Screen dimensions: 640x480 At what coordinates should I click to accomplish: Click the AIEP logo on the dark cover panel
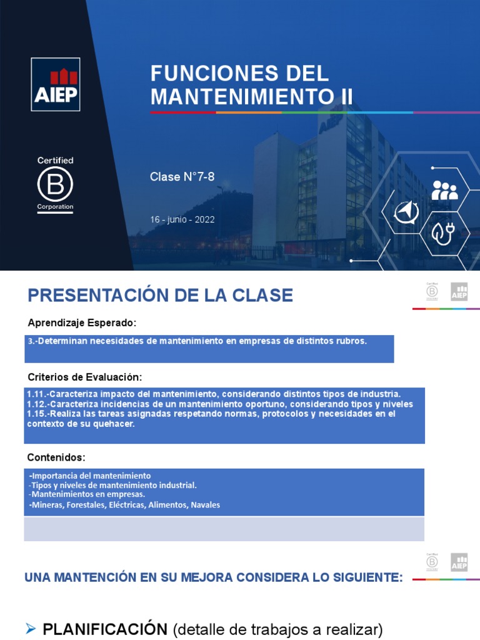click(56, 84)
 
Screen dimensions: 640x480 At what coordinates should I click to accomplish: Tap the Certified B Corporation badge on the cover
click(55, 184)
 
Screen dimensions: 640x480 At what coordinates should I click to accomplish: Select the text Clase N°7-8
click(182, 177)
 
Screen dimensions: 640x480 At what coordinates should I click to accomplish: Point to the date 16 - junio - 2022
click(182, 219)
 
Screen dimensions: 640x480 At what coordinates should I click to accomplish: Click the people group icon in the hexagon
click(444, 190)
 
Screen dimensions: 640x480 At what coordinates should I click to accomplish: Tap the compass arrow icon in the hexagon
click(406, 212)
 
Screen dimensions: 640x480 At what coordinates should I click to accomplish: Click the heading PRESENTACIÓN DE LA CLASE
click(160, 295)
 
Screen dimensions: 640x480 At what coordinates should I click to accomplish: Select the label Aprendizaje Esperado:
click(82, 322)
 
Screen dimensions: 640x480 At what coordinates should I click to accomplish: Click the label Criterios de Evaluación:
click(85, 377)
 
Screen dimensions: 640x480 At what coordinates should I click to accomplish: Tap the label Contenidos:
click(57, 457)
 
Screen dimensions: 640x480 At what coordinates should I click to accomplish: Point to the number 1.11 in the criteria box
click(36, 394)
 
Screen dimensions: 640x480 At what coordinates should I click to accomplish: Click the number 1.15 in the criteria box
click(36, 414)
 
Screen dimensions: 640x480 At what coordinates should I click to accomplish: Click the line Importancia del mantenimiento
click(91, 476)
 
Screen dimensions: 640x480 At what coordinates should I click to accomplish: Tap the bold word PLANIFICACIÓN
click(104, 630)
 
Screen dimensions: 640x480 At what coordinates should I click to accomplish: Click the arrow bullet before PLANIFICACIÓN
click(31, 630)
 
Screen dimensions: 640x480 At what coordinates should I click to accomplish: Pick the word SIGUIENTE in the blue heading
click(364, 577)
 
